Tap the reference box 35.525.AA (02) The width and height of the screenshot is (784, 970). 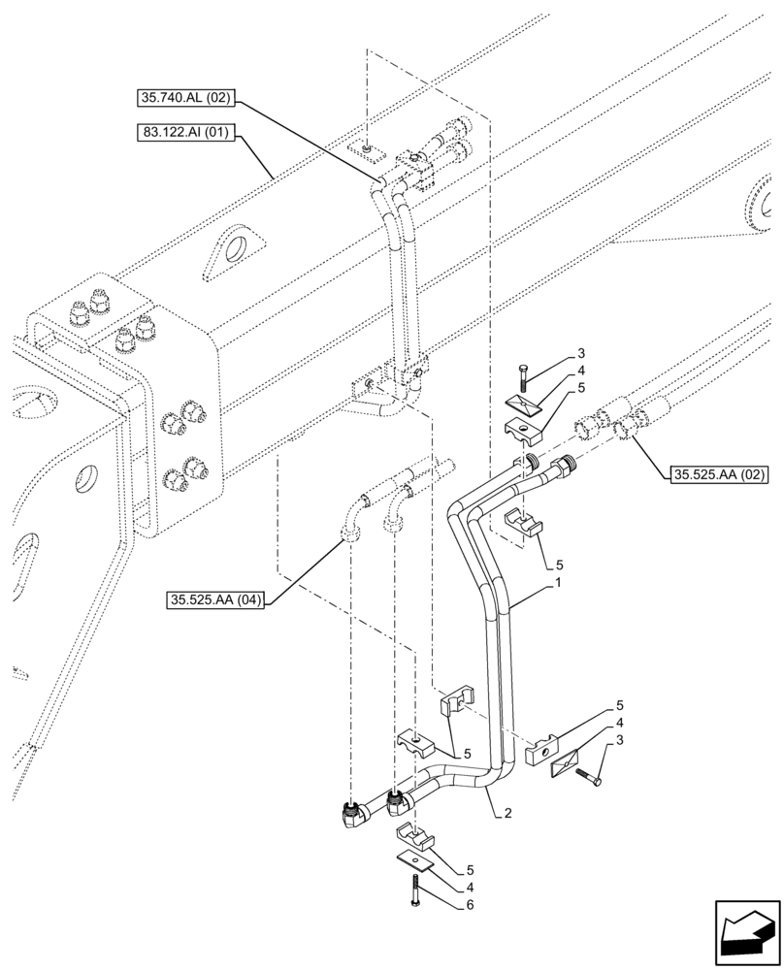click(x=719, y=474)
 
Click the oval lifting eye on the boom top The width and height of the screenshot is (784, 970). click(x=236, y=249)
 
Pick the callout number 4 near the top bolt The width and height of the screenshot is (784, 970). click(x=580, y=370)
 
